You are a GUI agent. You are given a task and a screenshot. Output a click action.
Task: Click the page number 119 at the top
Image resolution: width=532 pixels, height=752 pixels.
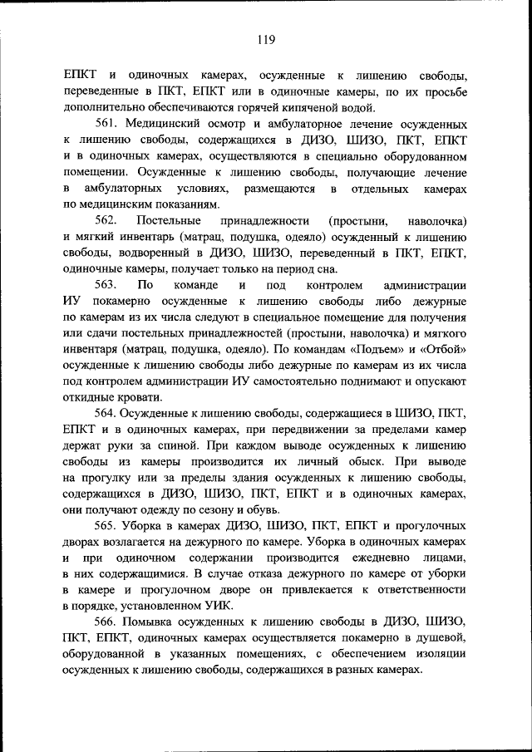[x=266, y=38]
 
